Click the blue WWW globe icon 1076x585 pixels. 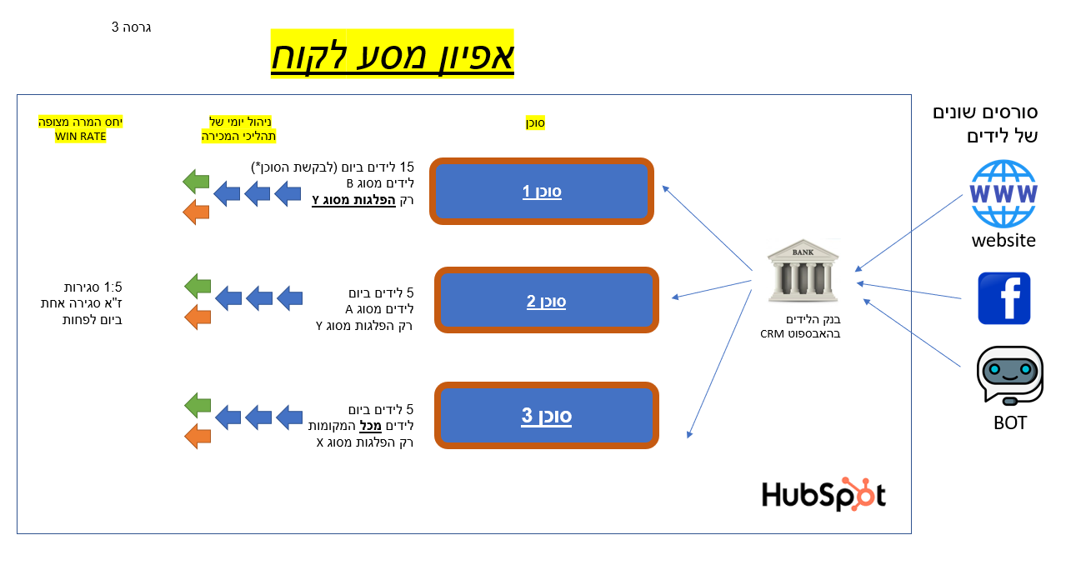point(1003,193)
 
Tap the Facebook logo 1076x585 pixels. point(1003,298)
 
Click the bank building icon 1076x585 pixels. point(803,271)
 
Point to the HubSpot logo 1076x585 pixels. point(823,494)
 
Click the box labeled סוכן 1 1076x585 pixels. point(542,192)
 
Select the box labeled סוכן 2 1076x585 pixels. point(546,300)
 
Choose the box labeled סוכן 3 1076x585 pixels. point(546,415)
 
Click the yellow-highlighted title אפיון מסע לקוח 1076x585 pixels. point(393,55)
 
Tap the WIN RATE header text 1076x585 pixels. point(81,137)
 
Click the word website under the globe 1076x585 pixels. point(1003,241)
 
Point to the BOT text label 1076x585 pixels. point(1009,422)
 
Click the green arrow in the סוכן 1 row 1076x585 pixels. point(196,179)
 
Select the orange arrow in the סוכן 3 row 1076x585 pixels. point(197,436)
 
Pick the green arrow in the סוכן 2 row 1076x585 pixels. point(197,286)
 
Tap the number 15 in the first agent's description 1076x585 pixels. point(407,167)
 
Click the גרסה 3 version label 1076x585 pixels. point(131,27)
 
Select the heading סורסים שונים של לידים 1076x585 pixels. point(985,123)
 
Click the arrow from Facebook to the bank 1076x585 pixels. point(917,291)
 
